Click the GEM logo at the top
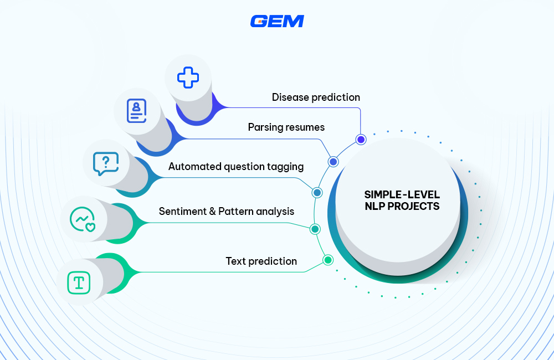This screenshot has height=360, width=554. tap(277, 21)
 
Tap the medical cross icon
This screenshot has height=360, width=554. tap(188, 78)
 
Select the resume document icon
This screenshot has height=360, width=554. tap(136, 110)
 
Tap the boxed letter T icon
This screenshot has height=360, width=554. tap(79, 282)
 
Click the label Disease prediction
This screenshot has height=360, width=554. tap(316, 97)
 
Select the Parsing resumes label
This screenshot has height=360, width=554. tap(286, 127)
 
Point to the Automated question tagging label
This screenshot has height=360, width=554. tap(236, 166)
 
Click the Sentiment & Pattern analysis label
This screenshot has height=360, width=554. tap(226, 212)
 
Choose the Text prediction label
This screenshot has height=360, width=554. tap(261, 261)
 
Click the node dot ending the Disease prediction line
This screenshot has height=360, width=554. tap(361, 140)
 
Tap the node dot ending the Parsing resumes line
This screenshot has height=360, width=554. tap(333, 162)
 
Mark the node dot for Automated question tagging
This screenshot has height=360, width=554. tap(317, 193)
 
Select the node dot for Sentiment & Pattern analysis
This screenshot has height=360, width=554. tap(315, 229)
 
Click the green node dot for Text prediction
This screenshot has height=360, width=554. tap(327, 260)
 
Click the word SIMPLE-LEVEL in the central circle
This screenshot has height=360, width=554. tap(402, 195)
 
